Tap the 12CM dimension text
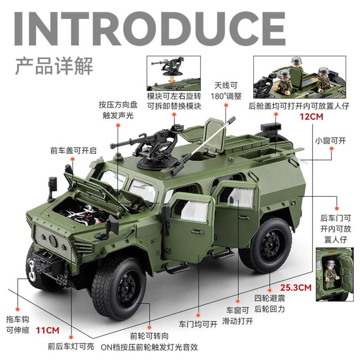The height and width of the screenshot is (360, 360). [x=311, y=116]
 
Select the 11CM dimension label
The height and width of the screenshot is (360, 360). [x=47, y=330]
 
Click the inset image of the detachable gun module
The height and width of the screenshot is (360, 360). [x=174, y=73]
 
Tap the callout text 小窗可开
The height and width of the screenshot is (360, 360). [x=330, y=141]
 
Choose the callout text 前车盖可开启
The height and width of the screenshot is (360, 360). [x=73, y=151]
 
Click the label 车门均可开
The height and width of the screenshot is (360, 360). [x=198, y=324]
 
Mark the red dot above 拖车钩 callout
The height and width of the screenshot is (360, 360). [x=18, y=307]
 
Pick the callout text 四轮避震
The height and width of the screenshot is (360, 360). [x=270, y=299]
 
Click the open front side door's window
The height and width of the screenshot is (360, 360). [x=194, y=212]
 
